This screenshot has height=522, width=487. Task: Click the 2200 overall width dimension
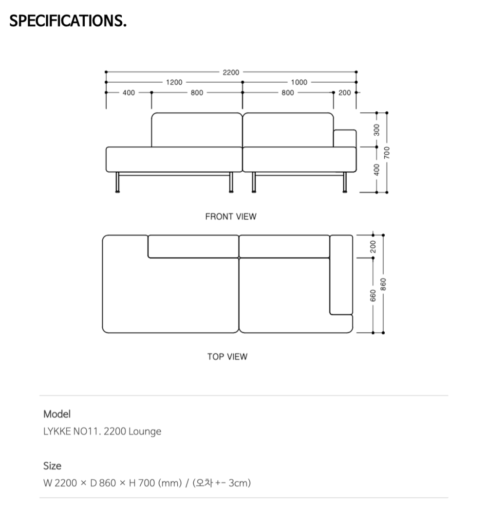click(x=231, y=72)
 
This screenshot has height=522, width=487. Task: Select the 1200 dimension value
click(x=174, y=82)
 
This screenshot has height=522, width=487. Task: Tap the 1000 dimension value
click(x=299, y=82)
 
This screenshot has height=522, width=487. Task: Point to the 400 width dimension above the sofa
click(x=129, y=92)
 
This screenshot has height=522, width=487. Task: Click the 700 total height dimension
click(x=387, y=152)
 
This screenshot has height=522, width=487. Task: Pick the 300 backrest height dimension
click(x=376, y=130)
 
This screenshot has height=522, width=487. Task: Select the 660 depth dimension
click(x=373, y=296)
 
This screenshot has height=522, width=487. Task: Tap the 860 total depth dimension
click(x=383, y=284)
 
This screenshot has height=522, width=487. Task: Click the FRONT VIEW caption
click(x=231, y=216)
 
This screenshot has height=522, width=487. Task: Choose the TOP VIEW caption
click(x=227, y=357)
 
